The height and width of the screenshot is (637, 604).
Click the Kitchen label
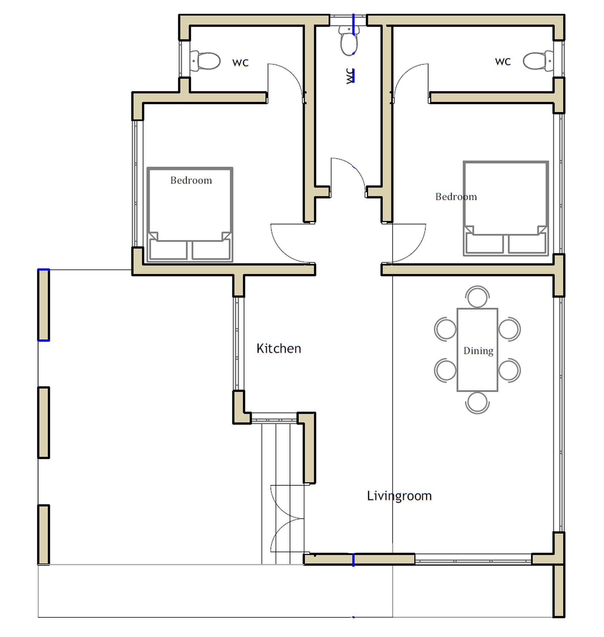(x=279, y=348)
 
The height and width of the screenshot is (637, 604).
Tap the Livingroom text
(x=399, y=496)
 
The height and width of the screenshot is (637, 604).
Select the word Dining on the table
(x=478, y=351)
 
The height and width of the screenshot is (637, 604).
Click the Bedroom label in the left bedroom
(x=191, y=180)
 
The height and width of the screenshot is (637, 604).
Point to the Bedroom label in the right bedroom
(x=456, y=197)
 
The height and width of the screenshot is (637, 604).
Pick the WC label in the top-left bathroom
(x=240, y=63)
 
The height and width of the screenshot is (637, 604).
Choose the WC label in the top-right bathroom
(x=503, y=62)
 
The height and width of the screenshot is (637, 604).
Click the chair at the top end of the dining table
(x=477, y=297)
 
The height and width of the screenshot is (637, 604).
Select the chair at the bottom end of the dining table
(x=477, y=403)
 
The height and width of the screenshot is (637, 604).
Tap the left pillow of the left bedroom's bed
(x=168, y=250)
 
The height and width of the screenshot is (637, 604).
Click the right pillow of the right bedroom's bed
(x=526, y=244)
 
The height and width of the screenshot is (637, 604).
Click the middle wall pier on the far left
(x=44, y=423)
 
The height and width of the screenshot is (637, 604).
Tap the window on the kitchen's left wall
(x=239, y=344)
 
